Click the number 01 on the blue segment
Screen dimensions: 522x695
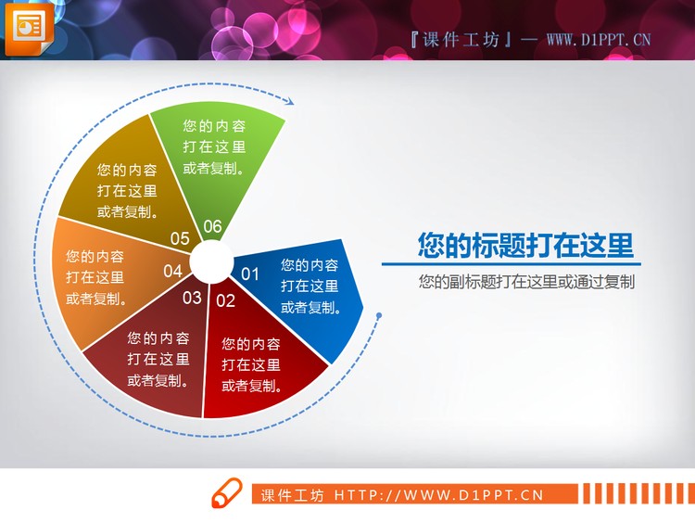click(250, 274)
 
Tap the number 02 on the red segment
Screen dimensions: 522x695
click(225, 300)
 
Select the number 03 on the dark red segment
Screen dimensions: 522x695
click(192, 298)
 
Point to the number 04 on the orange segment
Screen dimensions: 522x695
click(173, 272)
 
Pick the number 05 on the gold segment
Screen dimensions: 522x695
click(180, 239)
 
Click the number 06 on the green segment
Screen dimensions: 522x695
click(212, 226)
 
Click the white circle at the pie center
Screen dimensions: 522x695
click(212, 261)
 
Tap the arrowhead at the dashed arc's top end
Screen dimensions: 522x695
click(288, 101)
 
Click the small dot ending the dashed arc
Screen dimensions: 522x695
click(378, 317)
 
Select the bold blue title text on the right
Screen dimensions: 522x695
click(525, 246)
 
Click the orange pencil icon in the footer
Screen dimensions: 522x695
click(226, 494)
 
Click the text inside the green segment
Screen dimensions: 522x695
click(214, 146)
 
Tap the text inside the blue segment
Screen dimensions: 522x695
click(310, 286)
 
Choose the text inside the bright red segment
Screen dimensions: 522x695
click(252, 364)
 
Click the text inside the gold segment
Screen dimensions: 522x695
click(127, 190)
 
